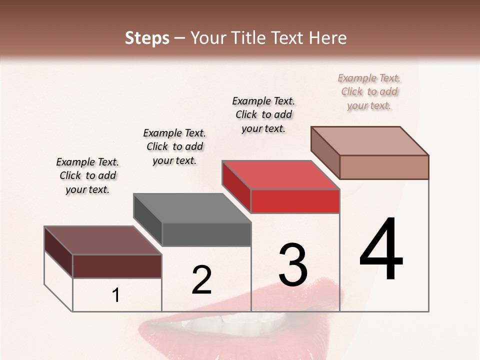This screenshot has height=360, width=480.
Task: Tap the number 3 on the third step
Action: pyautogui.click(x=292, y=264)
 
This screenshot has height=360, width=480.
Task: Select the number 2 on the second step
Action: pyautogui.click(x=201, y=279)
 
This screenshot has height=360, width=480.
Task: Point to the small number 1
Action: pyautogui.click(x=116, y=295)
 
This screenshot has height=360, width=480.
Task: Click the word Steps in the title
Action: pyautogui.click(x=147, y=38)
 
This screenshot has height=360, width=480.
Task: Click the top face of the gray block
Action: pyautogui.click(x=192, y=207)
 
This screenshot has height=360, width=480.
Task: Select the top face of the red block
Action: pyautogui.click(x=280, y=175)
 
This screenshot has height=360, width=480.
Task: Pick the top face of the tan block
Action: pyautogui.click(x=369, y=140)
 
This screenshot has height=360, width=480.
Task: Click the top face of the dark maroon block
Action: pyautogui.click(x=102, y=240)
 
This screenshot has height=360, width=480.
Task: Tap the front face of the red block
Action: pyautogui.click(x=295, y=201)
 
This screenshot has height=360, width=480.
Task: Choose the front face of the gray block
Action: pyautogui.click(x=206, y=234)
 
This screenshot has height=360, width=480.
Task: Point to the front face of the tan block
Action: pyautogui.click(x=384, y=167)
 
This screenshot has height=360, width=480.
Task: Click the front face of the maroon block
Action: pyautogui.click(x=117, y=266)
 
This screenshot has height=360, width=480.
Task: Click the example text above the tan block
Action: pyautogui.click(x=369, y=92)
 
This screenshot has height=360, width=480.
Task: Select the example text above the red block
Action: pyautogui.click(x=263, y=114)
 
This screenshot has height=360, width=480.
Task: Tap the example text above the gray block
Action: pyautogui.click(x=174, y=146)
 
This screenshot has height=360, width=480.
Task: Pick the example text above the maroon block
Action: pyautogui.click(x=87, y=175)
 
